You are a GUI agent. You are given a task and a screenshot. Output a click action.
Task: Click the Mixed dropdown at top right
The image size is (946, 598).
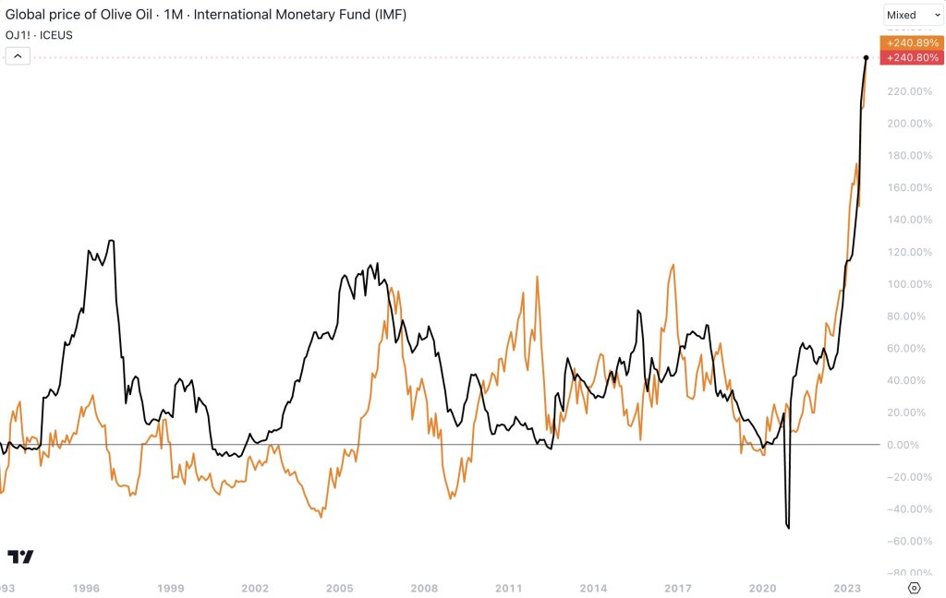[913, 15]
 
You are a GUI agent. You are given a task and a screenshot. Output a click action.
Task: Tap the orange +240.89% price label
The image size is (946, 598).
[912, 42]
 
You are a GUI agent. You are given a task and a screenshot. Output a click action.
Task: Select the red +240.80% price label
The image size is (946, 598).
[912, 57]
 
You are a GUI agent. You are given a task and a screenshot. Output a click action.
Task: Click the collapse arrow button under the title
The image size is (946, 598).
[18, 56]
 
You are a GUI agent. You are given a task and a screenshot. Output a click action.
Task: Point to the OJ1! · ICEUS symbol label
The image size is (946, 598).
[40, 35]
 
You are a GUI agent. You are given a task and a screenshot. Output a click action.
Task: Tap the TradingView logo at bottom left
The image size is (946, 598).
[20, 556]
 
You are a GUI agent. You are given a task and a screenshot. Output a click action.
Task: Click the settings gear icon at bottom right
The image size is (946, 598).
[914, 588]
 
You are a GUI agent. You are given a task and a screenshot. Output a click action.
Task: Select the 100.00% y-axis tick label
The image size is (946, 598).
[909, 284]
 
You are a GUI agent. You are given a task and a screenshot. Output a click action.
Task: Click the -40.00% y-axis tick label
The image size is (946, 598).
[909, 509]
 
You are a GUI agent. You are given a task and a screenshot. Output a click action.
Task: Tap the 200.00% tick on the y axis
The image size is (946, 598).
[909, 124]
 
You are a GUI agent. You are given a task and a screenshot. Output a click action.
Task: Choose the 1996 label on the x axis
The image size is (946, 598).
[86, 588]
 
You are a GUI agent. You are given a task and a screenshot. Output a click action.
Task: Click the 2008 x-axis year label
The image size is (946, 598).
[424, 588]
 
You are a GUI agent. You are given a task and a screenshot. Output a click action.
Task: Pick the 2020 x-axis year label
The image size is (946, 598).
[762, 588]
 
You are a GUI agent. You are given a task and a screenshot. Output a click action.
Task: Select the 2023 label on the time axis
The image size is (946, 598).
[847, 588]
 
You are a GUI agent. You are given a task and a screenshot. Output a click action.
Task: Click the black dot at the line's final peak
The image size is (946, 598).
[866, 57]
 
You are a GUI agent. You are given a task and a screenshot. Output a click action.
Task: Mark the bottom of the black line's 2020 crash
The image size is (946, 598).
[788, 528]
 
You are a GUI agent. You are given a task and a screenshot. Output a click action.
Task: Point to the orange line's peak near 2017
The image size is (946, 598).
[673, 266]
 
